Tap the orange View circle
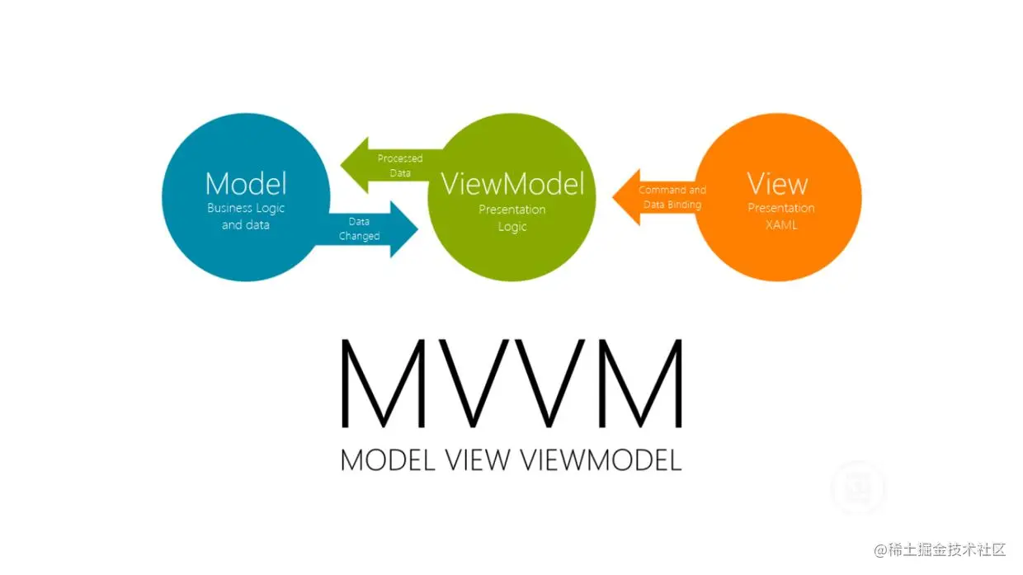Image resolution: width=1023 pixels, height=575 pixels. pyautogui.click(x=780, y=247)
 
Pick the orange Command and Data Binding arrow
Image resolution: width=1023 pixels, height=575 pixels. pyautogui.click(x=652, y=197)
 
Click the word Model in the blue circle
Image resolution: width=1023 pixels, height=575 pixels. pyautogui.click(x=246, y=183)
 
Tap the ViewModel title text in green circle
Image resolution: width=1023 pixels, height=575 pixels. pyautogui.click(x=512, y=183)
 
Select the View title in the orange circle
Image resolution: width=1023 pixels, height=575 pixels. pyautogui.click(x=777, y=182)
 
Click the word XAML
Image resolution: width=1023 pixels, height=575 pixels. pyautogui.click(x=780, y=224)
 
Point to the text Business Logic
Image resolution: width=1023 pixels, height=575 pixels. pyautogui.click(x=246, y=208)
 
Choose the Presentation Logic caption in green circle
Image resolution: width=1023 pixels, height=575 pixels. pyautogui.click(x=512, y=218)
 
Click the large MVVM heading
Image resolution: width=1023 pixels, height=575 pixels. pyautogui.click(x=511, y=383)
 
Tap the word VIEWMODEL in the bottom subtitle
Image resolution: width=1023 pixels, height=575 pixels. pyautogui.click(x=601, y=460)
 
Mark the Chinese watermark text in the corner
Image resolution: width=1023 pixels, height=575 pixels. pyautogui.click(x=940, y=549)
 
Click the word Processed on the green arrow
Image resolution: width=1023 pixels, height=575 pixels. pyautogui.click(x=400, y=158)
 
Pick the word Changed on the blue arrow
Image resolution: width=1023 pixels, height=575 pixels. pyautogui.click(x=359, y=237)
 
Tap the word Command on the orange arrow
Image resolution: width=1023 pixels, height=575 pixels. pyautogui.click(x=662, y=190)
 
